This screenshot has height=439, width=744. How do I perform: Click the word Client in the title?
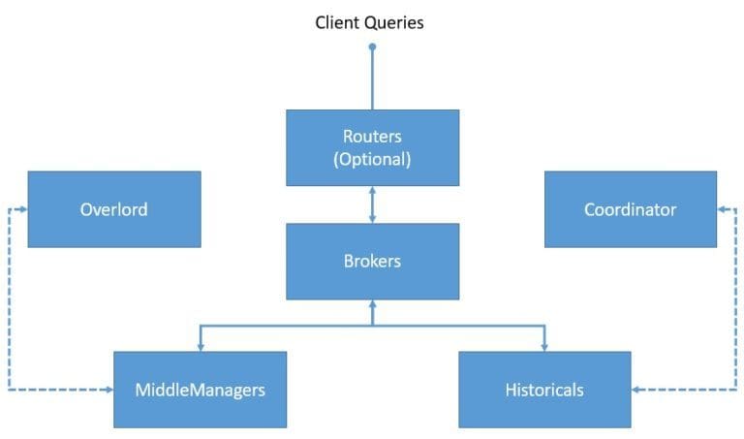point(337,22)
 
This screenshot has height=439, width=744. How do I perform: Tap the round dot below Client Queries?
point(372,46)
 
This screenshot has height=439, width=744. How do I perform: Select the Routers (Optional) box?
point(372,147)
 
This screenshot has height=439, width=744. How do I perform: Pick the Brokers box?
point(372,261)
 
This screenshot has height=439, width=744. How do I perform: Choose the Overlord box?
point(113,208)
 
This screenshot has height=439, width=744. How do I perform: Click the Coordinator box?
point(630,208)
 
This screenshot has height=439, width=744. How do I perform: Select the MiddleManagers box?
point(200,390)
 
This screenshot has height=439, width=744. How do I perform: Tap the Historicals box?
point(543,390)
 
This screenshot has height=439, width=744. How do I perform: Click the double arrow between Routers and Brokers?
point(372,204)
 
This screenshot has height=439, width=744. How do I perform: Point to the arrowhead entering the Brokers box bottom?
point(372,305)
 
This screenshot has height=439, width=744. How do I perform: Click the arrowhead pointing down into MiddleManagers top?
point(200,345)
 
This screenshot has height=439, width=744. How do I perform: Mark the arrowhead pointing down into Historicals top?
point(543,345)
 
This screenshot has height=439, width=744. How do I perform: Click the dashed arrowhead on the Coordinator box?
point(723,208)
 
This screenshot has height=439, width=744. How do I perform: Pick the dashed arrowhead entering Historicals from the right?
point(637,390)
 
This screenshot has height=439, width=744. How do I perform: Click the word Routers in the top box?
point(372,136)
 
